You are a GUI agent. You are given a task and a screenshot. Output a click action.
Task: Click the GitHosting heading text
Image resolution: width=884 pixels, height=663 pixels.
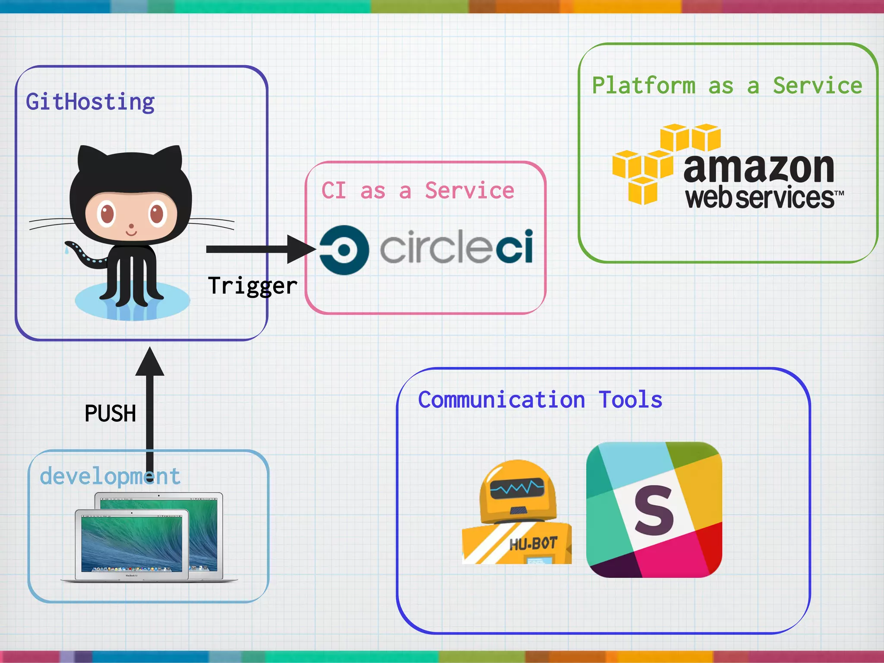coord(90,102)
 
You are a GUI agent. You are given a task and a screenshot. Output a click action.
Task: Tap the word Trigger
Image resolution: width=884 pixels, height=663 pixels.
coord(253,286)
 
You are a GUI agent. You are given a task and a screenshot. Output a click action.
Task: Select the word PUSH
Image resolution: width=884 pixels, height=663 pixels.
coord(110,414)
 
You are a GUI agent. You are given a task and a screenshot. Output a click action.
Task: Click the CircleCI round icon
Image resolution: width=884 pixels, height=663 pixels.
coord(344,249)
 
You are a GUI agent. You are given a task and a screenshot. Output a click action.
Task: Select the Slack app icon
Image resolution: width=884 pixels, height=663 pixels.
coord(654,509)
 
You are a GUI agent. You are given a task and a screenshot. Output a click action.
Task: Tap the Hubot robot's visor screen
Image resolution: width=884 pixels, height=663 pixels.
coord(517,488)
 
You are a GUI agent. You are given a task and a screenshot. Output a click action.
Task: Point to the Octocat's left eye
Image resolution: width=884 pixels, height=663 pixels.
coord(106,213)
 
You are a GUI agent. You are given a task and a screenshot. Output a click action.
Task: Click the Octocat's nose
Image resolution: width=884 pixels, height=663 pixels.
coord(132,226)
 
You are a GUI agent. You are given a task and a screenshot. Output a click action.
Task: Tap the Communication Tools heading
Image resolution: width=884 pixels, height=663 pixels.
coord(540,400)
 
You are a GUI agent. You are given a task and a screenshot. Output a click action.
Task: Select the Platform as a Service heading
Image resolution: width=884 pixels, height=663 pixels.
coord(727,85)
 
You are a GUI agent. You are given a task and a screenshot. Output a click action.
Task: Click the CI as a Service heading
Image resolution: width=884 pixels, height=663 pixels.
coord(418,191)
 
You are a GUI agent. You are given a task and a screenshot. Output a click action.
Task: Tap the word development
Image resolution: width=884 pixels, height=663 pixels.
coord(110,477)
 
